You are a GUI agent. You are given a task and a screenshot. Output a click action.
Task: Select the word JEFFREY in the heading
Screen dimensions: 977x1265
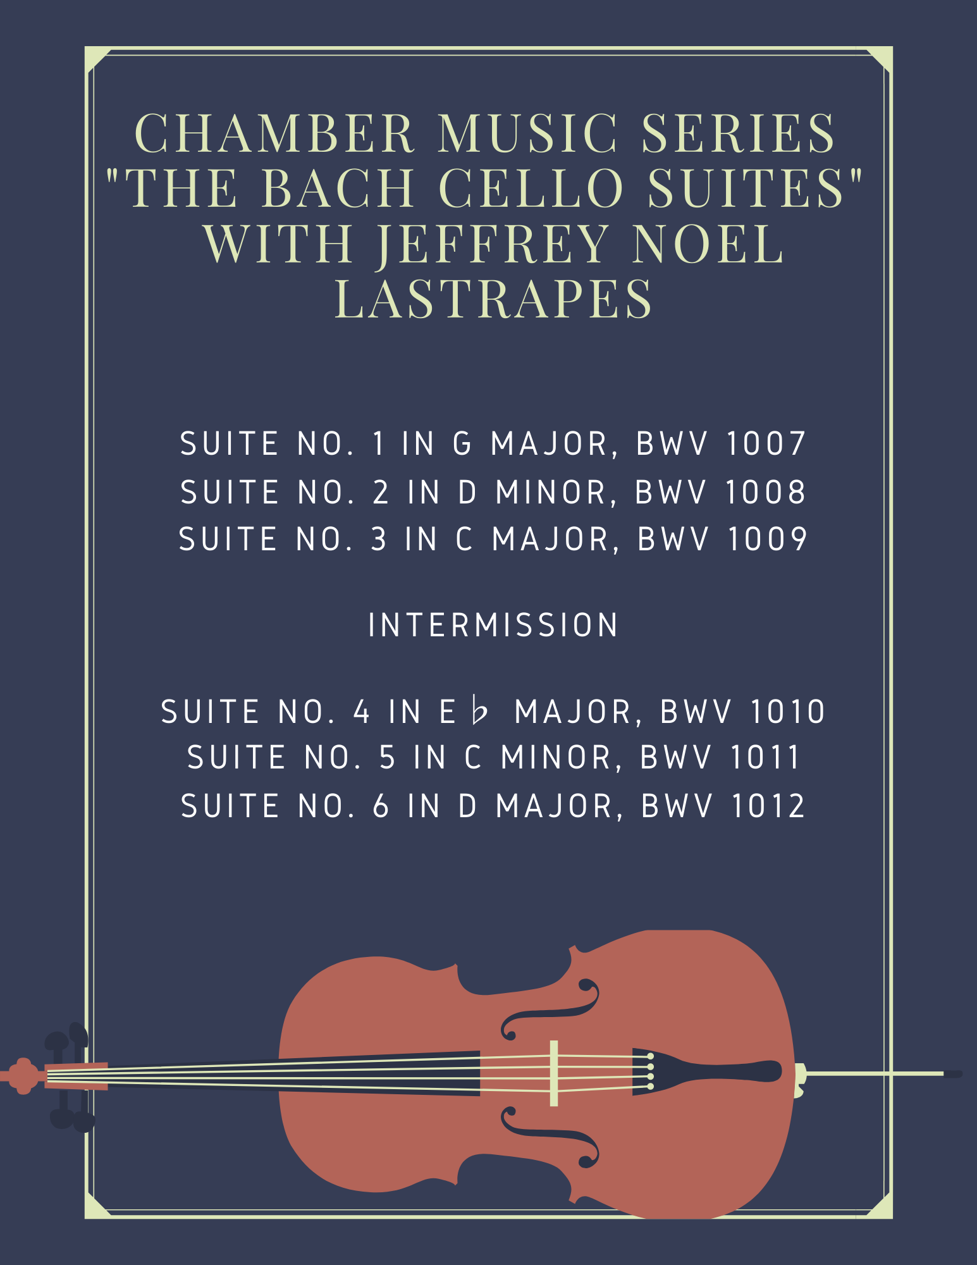tap(493, 244)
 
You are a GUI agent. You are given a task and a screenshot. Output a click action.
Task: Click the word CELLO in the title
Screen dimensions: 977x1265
tap(532, 188)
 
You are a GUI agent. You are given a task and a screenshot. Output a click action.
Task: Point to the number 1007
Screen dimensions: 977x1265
tap(766, 443)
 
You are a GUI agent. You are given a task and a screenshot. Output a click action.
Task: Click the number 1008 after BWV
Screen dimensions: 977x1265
tap(765, 492)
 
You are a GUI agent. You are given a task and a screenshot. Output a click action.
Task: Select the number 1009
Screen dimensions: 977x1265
tap(768, 539)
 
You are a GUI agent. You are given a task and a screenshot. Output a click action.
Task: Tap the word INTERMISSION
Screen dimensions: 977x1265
tap(493, 625)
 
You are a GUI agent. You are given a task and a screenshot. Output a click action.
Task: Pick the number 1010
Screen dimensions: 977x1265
tap(788, 712)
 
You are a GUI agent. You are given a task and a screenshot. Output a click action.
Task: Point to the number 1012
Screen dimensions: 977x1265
tap(768, 806)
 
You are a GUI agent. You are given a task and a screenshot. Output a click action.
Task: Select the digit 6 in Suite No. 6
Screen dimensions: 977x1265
tap(381, 806)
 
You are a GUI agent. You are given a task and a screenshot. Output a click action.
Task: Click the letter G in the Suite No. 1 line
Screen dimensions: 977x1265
tap(462, 443)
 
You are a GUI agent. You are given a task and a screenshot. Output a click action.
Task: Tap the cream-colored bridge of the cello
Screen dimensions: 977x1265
tap(554, 1073)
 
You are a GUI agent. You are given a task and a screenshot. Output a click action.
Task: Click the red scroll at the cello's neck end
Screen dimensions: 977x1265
tap(23, 1075)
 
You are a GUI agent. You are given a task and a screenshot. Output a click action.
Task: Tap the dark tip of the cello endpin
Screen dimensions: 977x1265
tap(953, 1073)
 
